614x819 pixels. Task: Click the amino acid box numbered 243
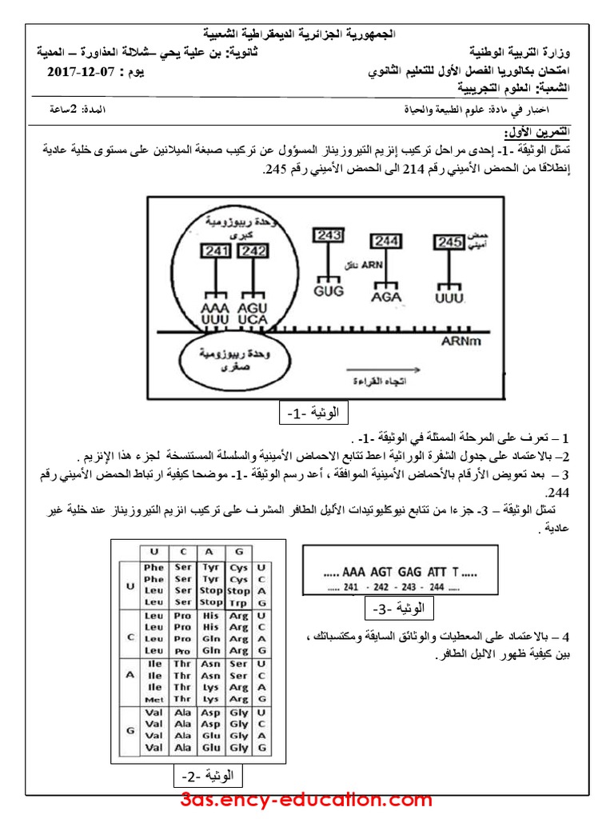(329, 234)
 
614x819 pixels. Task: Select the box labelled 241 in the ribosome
(216, 250)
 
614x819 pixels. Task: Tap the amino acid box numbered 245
(448, 241)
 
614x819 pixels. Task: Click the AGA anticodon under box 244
(385, 296)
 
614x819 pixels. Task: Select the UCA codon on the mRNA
(251, 319)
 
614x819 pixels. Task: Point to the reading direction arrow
(376, 370)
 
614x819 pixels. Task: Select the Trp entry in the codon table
(237, 601)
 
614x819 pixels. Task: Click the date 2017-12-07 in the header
(82, 72)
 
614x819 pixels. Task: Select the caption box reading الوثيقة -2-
(207, 776)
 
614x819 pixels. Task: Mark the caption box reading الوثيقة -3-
(397, 610)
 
